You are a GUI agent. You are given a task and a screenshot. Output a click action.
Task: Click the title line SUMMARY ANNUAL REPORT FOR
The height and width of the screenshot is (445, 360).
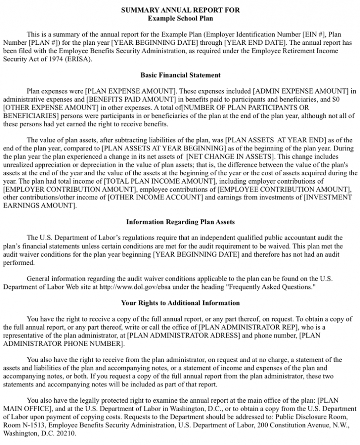[x=180, y=10]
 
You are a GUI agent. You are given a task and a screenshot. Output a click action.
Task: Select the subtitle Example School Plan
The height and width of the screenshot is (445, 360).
[x=180, y=18]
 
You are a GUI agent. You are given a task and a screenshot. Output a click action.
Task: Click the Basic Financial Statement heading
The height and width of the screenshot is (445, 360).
[x=180, y=75]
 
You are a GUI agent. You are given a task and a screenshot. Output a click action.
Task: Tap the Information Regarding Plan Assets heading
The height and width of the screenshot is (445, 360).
[x=180, y=222]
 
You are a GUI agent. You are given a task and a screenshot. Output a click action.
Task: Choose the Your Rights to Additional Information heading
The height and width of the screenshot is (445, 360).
[x=180, y=303]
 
